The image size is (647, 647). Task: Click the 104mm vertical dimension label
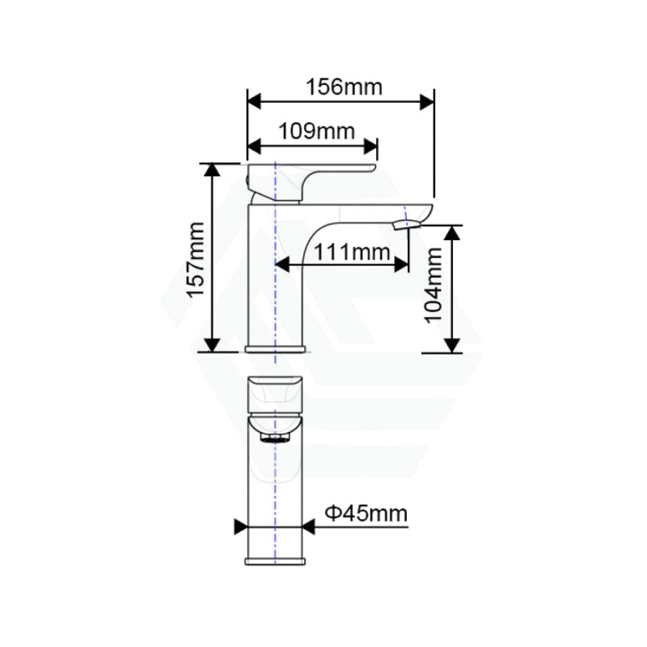[435, 286]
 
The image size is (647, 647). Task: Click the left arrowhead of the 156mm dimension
[255, 101]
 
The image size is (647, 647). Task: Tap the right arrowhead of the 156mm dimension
[427, 101]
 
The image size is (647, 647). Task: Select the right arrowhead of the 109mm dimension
[370, 147]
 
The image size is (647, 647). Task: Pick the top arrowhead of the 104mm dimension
[451, 233]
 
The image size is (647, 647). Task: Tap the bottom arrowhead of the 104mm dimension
[451, 345]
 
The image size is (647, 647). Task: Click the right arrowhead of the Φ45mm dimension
[308, 528]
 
